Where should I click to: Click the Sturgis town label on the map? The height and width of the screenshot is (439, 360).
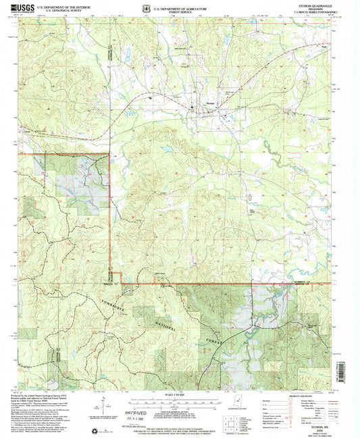[x=211, y=103]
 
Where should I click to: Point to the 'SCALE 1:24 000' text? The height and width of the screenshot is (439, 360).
[x=180, y=395]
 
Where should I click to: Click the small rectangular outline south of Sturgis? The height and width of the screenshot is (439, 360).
[x=249, y=197]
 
